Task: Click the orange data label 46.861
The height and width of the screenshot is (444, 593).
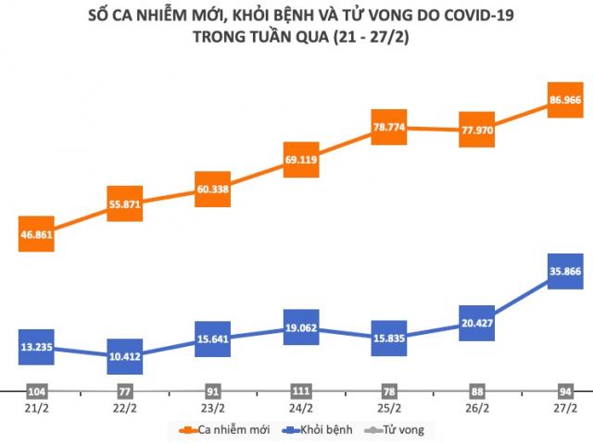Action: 38,235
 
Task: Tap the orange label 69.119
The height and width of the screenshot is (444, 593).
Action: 301,161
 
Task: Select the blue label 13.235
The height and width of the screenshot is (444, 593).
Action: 38,347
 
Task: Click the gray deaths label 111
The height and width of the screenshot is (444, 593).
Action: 301,389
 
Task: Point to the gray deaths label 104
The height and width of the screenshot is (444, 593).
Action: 38,389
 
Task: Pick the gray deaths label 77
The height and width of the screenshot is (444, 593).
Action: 125,389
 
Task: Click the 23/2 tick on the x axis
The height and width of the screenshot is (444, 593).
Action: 213,407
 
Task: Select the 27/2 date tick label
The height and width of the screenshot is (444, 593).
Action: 565,407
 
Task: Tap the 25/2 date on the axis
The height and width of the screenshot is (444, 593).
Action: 389,407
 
